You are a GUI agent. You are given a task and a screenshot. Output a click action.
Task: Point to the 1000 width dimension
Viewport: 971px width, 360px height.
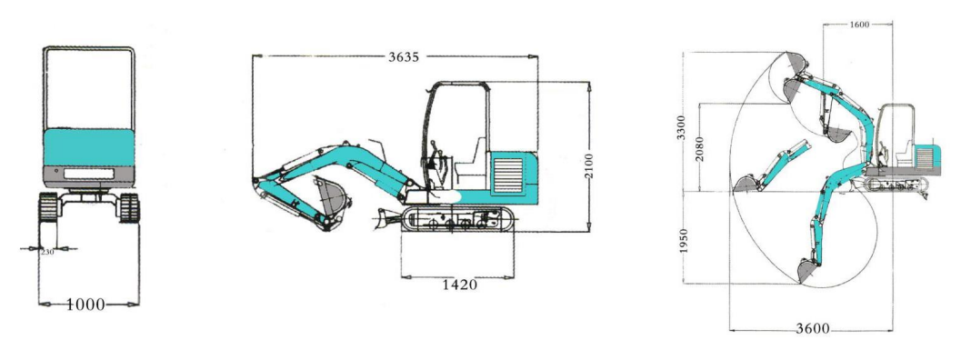88,304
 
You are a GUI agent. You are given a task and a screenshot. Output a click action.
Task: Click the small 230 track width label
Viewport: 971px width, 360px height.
47,253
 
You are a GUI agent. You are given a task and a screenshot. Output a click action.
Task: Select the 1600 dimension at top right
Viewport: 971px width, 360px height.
857,25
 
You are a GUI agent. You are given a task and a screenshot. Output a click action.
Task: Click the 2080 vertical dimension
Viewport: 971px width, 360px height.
698,149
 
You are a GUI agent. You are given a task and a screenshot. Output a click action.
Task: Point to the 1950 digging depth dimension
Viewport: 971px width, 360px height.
686,242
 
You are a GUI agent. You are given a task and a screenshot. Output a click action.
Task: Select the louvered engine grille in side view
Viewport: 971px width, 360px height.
507,174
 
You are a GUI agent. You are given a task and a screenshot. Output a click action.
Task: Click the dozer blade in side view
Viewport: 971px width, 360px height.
385,218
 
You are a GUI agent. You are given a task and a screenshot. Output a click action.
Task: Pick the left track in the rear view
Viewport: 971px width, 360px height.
47,207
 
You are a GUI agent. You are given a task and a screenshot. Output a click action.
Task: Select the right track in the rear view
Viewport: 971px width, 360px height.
129,207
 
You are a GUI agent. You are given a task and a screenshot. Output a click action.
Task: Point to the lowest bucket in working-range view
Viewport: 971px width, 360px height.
805,270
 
